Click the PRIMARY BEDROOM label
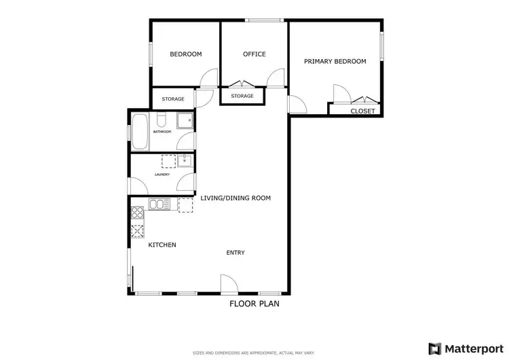[x=335, y=61]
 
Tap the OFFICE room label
[x=254, y=54]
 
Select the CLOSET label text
[x=362, y=111]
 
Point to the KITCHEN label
[x=162, y=245]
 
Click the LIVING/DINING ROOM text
[x=235, y=198]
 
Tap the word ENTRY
[x=235, y=253]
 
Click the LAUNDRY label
[x=162, y=175]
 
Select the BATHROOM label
[x=162, y=132]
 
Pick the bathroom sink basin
[x=184, y=121]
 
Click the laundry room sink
[x=185, y=162]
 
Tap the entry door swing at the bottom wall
[x=228, y=285]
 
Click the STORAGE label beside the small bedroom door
[x=173, y=99]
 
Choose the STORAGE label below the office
[x=242, y=96]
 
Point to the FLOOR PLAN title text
[x=254, y=304]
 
